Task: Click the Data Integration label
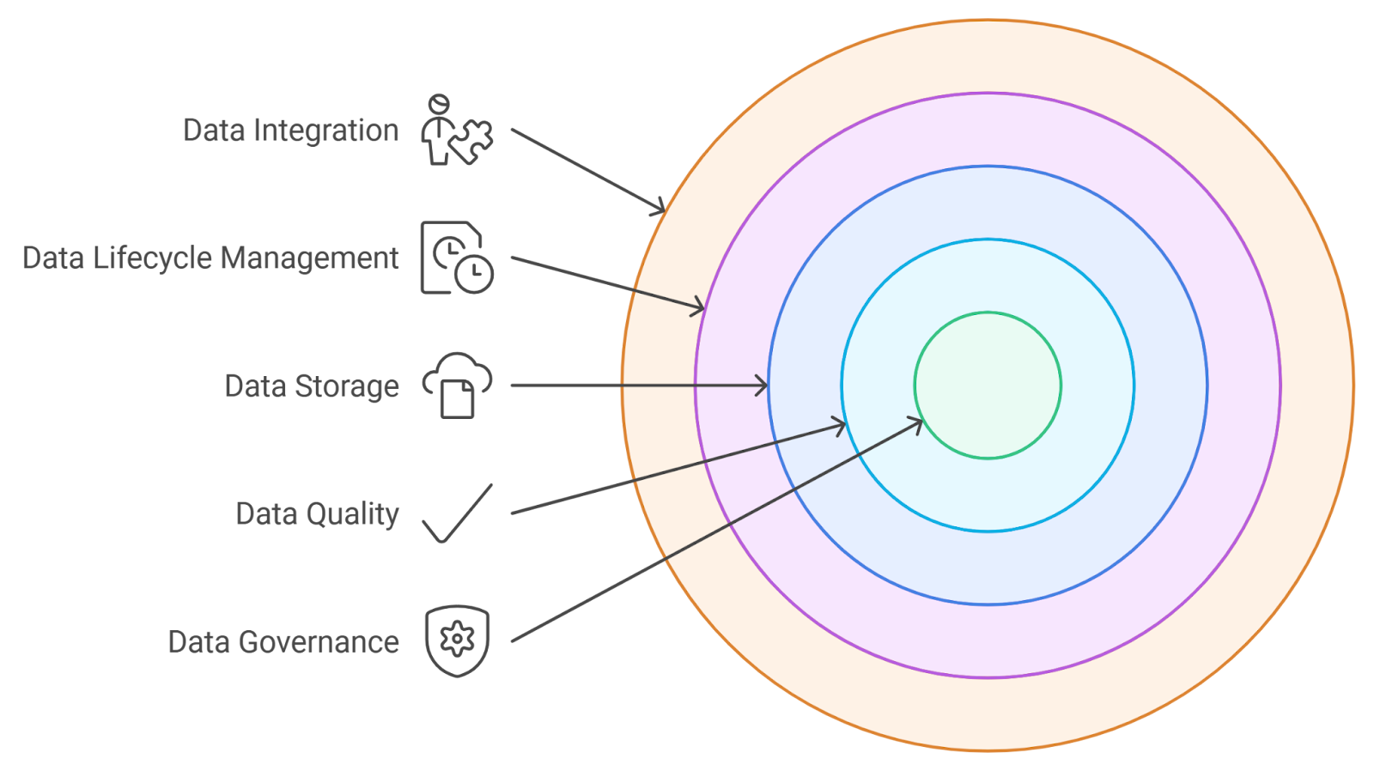[x=290, y=131]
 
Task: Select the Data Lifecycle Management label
[x=210, y=258]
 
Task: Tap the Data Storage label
[x=312, y=386]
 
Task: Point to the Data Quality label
[x=317, y=513]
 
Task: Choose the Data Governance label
[x=283, y=642]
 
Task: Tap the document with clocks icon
[x=456, y=258]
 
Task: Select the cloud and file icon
[x=457, y=385]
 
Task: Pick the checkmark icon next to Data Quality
[x=458, y=513]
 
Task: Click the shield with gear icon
[x=457, y=640]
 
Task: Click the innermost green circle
[x=988, y=385]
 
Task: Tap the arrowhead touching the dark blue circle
[x=762, y=385]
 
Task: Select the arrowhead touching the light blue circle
[x=839, y=425]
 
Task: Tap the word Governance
[x=319, y=642]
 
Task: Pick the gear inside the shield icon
[x=457, y=638]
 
